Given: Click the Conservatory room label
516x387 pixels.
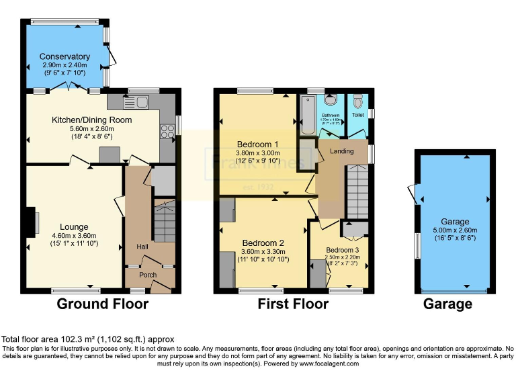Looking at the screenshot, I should coord(64,56).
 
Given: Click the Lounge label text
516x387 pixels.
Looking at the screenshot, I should coord(74,226).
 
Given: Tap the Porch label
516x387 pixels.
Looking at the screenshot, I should coord(148,275).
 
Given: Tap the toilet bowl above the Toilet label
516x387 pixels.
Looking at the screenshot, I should coord(357,101).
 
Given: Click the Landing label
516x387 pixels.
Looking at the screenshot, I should coord(341,151).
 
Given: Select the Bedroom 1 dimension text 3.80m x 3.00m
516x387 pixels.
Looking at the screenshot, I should coord(258,153).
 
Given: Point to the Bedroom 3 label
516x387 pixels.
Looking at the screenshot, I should coord(343,250).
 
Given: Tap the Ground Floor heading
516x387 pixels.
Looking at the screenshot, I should coord(102,304).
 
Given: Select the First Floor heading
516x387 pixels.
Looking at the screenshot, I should coord(293,304).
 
